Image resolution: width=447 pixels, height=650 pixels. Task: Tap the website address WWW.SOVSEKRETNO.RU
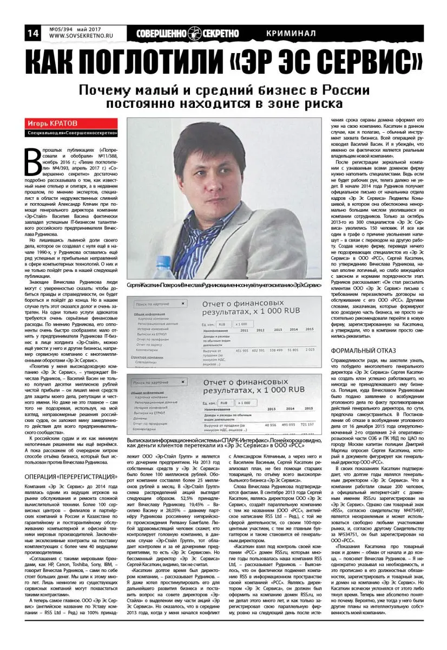tap(78, 37)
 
